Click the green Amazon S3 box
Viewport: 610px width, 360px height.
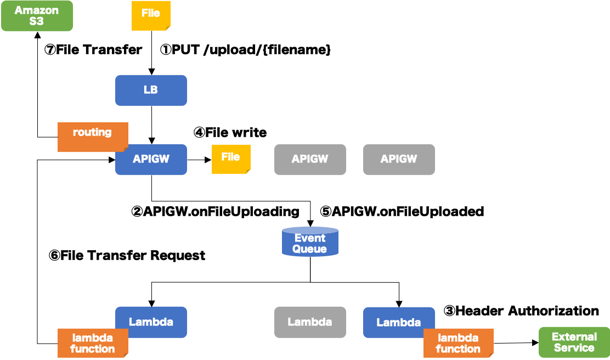[x=37, y=16]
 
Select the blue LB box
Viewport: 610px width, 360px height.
[x=151, y=90]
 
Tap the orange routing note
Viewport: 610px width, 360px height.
[x=92, y=136]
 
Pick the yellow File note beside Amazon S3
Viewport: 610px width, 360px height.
[x=151, y=15]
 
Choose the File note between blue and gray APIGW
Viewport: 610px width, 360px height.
[x=231, y=159]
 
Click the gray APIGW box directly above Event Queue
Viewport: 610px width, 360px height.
[x=310, y=159]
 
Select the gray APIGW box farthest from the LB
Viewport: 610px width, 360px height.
[x=399, y=159]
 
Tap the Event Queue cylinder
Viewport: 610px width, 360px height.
[x=310, y=242]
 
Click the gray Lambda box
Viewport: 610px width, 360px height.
[x=310, y=322]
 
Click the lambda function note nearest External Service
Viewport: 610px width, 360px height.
[x=458, y=343]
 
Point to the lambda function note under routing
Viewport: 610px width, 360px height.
[x=93, y=343]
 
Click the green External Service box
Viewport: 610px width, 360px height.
[x=574, y=342]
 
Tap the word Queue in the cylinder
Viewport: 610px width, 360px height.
[x=309, y=249]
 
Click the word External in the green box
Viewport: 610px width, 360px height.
[x=574, y=337]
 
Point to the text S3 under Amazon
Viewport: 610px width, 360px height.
[x=37, y=22]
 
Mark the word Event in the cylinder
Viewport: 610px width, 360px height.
[x=310, y=238]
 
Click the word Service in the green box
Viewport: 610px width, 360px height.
[x=574, y=348]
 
